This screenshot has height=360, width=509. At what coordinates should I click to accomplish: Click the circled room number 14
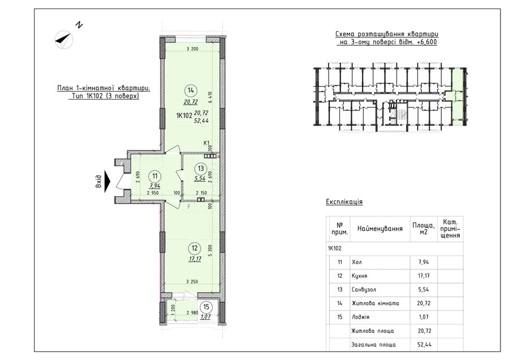pyautogui.click(x=191, y=91)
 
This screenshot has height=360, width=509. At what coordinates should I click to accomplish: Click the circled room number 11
pyautogui.click(x=154, y=176)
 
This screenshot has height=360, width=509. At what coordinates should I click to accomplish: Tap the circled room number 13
pyautogui.click(x=201, y=168)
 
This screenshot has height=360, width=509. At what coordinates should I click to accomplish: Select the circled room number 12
pyautogui.click(x=195, y=248)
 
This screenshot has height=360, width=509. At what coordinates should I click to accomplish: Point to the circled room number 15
pyautogui.click(x=206, y=307)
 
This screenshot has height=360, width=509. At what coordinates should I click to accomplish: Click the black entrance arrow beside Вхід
pyautogui.click(x=107, y=181)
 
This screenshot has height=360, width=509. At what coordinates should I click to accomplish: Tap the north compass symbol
pyautogui.click(x=64, y=39)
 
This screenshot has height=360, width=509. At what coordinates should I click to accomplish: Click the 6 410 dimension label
pyautogui.click(x=210, y=97)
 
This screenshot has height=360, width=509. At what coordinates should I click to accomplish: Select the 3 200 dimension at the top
pyautogui.click(x=192, y=49)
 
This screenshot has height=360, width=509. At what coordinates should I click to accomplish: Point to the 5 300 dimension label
pyautogui.click(x=210, y=251)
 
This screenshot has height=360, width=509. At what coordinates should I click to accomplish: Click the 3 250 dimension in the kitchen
pyautogui.click(x=192, y=281)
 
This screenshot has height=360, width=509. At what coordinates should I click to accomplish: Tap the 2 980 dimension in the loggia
pyautogui.click(x=192, y=312)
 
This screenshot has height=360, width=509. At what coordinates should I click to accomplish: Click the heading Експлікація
pyautogui.click(x=344, y=202)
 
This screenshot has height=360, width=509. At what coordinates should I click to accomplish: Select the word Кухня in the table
pyautogui.click(x=359, y=276)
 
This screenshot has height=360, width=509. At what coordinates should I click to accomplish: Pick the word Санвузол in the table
pyautogui.click(x=364, y=289)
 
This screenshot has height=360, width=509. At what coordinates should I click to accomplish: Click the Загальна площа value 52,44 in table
pyautogui.click(x=424, y=344)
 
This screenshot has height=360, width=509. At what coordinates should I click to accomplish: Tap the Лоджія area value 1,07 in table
pyautogui.click(x=424, y=317)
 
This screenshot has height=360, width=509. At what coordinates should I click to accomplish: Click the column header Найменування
pyautogui.click(x=380, y=229)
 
